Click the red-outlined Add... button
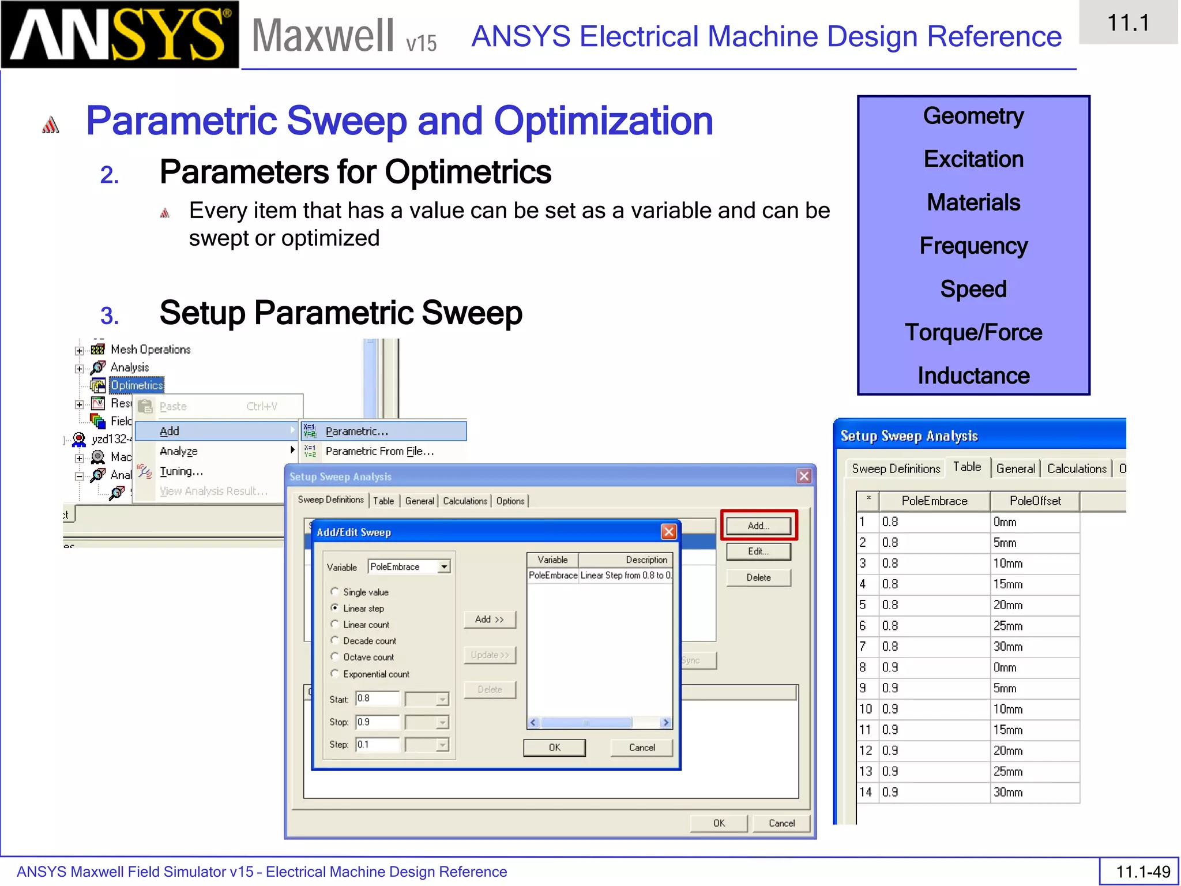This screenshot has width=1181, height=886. [758, 525]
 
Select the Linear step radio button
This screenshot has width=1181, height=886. [334, 608]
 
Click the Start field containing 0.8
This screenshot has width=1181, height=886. [377, 699]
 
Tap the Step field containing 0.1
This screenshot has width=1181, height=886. [377, 745]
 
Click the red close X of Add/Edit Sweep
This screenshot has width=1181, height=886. [668, 532]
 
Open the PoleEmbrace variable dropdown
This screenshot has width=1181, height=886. [443, 567]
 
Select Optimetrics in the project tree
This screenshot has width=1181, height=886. [137, 385]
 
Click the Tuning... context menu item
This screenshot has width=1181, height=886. [181, 471]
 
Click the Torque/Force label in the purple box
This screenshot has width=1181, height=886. [973, 332]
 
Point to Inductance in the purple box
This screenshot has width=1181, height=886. [973, 376]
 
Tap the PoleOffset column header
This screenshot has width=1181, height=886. [1035, 501]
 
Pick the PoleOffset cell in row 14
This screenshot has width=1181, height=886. [1035, 793]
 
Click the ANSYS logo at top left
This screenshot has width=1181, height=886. [119, 35]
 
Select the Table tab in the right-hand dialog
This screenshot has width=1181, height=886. [966, 467]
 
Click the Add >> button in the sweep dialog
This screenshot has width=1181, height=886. [489, 620]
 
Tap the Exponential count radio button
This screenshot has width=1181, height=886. [334, 674]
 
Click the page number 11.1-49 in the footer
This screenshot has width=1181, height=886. [1142, 872]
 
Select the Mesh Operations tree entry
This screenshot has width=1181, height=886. [150, 350]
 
